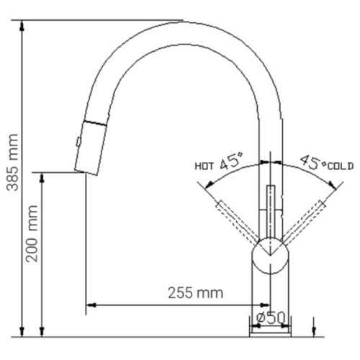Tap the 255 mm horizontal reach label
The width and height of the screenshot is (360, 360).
coord(195,292)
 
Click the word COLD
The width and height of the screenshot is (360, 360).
coord(341,166)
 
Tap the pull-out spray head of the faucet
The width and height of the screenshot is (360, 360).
coord(90,144)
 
